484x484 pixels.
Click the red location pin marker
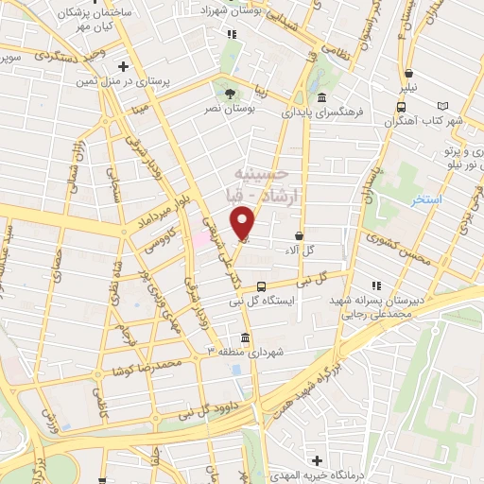[x=244, y=224]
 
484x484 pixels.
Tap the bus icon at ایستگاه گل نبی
[x=261, y=285]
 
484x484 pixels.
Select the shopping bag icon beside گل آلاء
[x=300, y=235]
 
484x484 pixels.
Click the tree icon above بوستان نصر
[x=231, y=93]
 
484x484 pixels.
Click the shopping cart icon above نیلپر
[x=408, y=74]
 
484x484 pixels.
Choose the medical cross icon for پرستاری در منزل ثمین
[x=122, y=66]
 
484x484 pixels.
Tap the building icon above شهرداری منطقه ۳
[x=245, y=337]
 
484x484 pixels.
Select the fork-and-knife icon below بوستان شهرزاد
[x=233, y=34]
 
